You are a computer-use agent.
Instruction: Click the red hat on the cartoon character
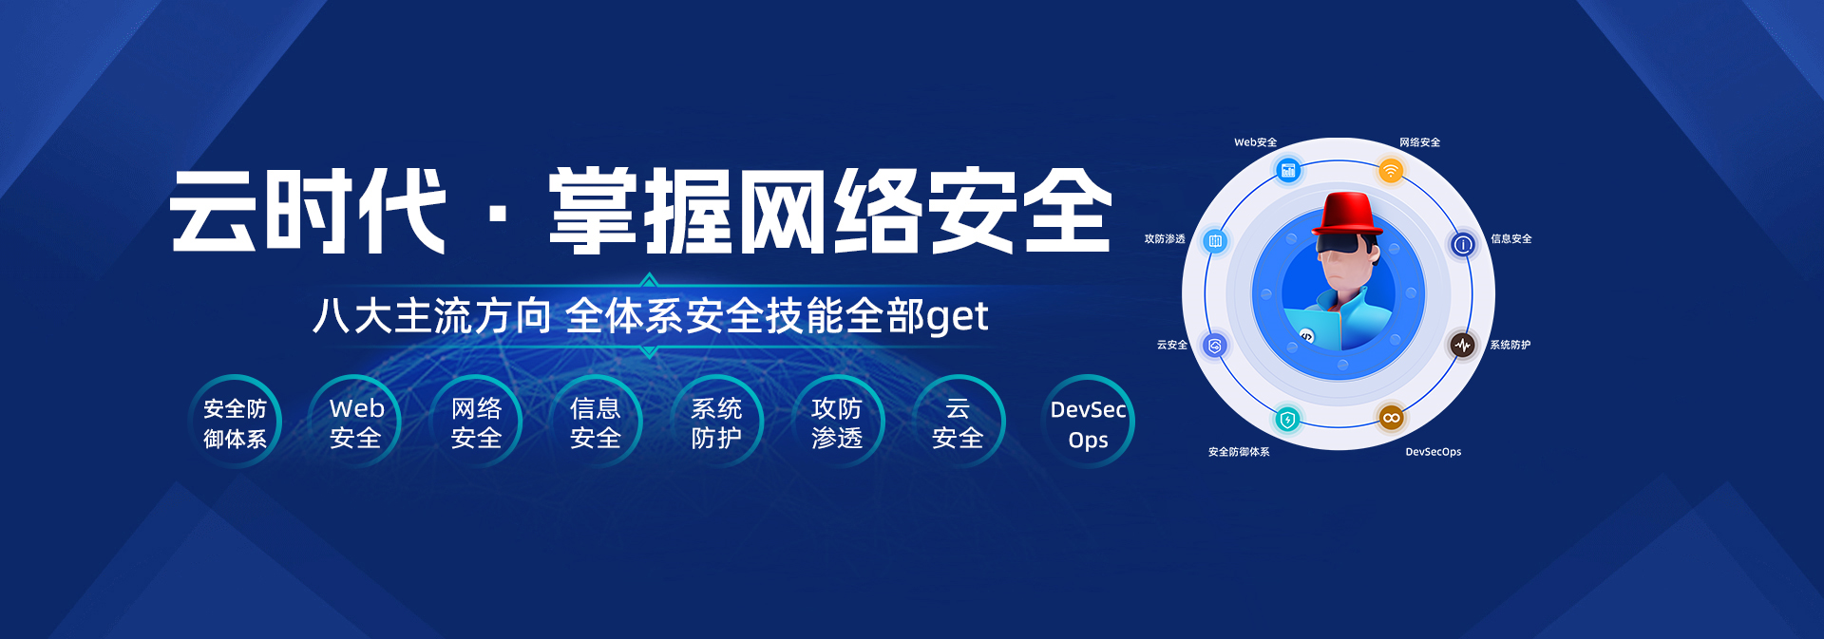[1348, 214]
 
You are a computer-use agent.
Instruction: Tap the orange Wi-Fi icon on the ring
[1391, 171]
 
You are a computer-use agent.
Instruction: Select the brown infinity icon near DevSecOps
[1392, 418]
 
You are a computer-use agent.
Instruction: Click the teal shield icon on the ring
[1287, 419]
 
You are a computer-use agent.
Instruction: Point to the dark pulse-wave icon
[1463, 345]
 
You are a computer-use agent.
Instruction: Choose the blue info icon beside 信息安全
[1463, 245]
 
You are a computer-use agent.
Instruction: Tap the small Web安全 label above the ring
[1255, 142]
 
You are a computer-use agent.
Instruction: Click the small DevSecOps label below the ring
[1434, 452]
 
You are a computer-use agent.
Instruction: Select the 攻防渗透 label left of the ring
[1165, 239]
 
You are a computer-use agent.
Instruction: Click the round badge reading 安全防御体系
[235, 423]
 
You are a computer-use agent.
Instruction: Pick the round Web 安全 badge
[355, 423]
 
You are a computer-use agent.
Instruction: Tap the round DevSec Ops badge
[1088, 423]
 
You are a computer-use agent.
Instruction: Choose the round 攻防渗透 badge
[837, 423]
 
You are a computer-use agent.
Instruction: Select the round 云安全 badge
[958, 423]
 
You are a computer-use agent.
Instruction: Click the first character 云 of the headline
[214, 211]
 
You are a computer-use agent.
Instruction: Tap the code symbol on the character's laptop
[1307, 336]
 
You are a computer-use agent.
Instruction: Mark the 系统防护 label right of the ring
[1510, 345]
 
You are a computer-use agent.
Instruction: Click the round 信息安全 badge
[596, 423]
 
